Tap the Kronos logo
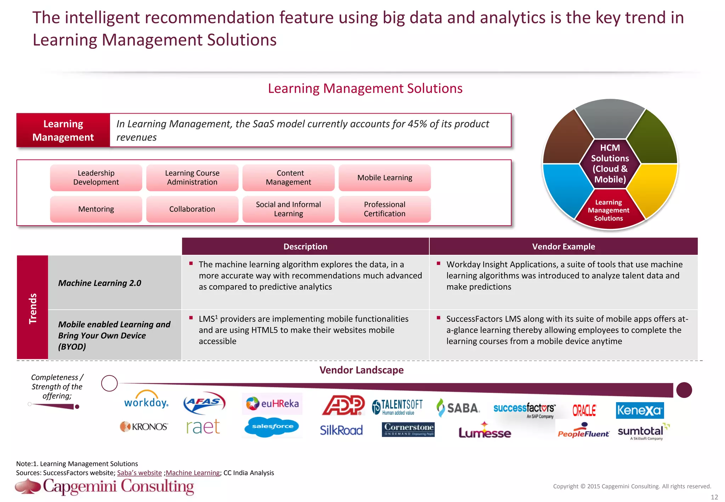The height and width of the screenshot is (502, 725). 144,427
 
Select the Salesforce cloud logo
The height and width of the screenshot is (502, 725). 272,427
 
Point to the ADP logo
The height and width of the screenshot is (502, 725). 343,405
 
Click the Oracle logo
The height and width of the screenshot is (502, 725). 584,410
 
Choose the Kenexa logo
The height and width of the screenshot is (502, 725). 640,410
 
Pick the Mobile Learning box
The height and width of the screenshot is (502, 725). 384,178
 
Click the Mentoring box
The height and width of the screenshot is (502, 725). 96,209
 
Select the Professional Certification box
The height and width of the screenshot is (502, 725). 384,209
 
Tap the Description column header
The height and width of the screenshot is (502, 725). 305,246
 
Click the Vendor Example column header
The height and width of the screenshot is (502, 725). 563,246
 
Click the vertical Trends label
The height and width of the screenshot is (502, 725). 33,308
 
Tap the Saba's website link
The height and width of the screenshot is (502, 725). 139,473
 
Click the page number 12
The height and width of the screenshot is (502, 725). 714,497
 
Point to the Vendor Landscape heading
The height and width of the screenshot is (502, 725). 361,370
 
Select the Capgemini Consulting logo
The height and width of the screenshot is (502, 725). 105,486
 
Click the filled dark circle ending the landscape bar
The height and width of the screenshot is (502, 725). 684,390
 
